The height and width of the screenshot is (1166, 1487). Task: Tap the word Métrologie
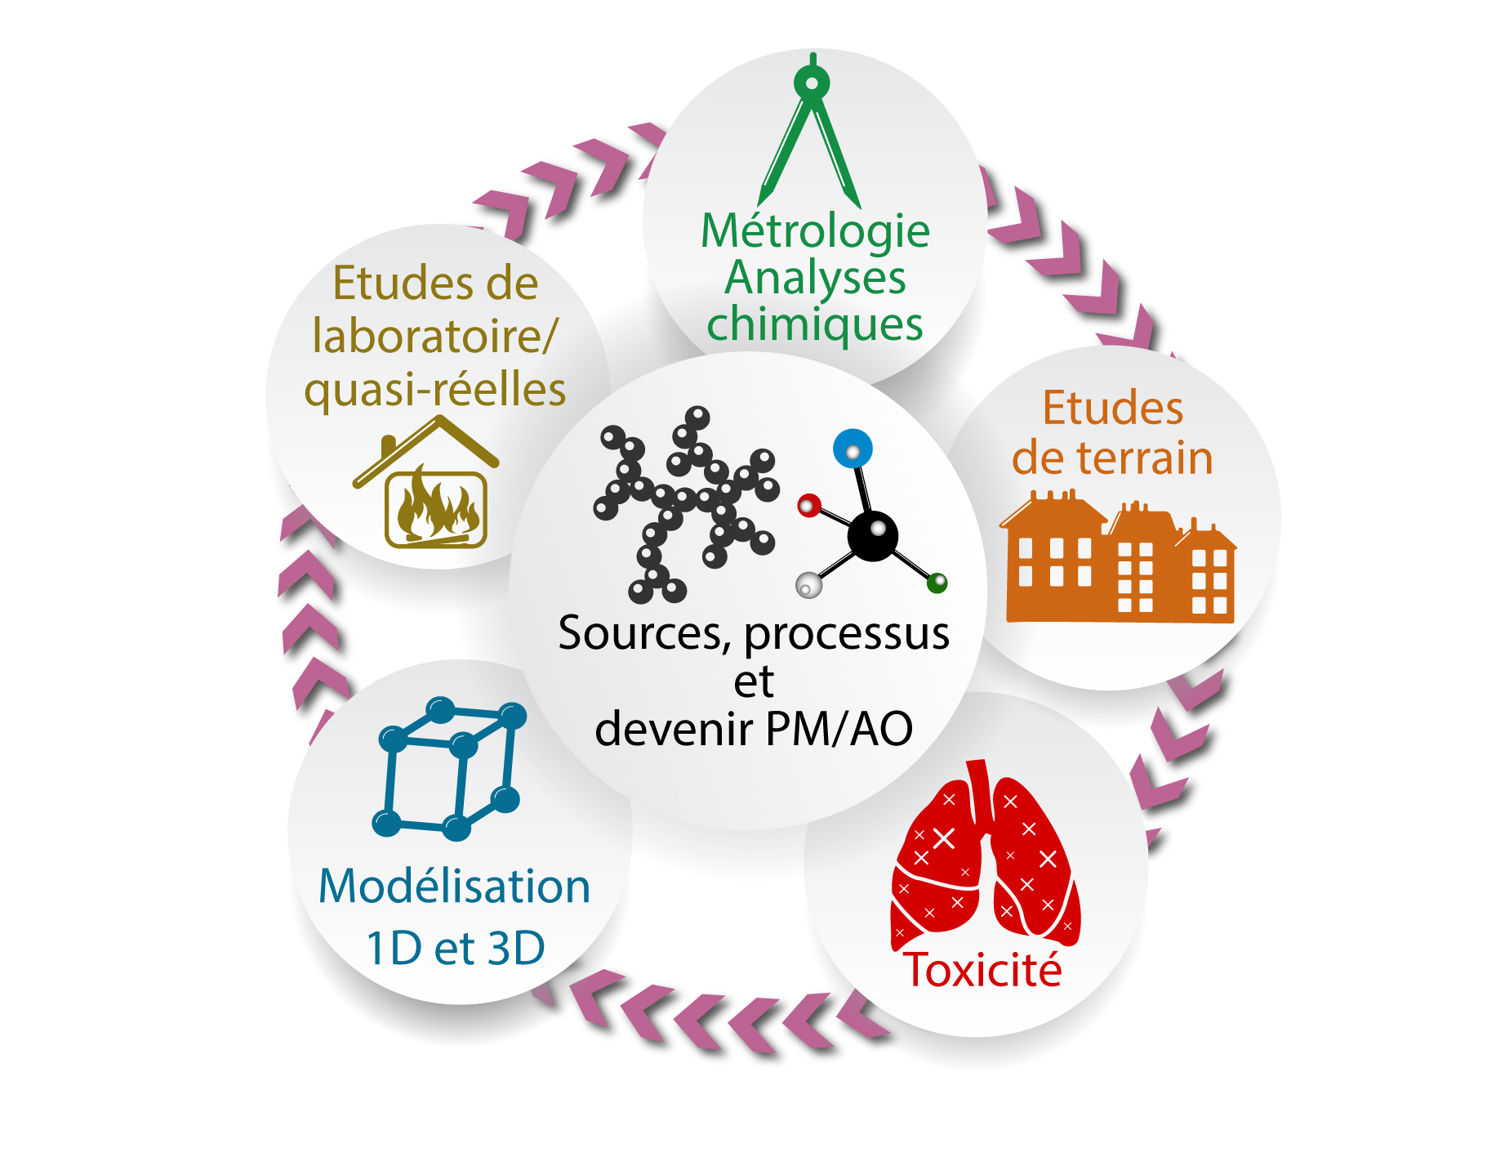[x=815, y=231]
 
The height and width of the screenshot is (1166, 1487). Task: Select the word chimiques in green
[x=815, y=324]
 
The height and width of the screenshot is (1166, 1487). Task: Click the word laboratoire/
[x=435, y=336]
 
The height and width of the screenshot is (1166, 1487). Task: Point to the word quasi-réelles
[x=435, y=390]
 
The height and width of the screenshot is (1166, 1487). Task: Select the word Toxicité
[x=983, y=970]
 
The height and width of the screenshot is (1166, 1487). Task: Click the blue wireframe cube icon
[x=448, y=768]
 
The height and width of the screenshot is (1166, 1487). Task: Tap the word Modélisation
[x=454, y=886]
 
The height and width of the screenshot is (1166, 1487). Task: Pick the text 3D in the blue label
[x=516, y=949]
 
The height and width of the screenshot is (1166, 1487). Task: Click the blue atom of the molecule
[x=853, y=449]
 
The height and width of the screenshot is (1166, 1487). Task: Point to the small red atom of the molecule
[x=808, y=506]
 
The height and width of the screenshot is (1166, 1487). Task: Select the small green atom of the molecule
[x=937, y=583]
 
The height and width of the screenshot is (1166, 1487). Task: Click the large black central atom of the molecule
[x=872, y=536]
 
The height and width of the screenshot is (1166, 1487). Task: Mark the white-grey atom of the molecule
[x=808, y=585]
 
